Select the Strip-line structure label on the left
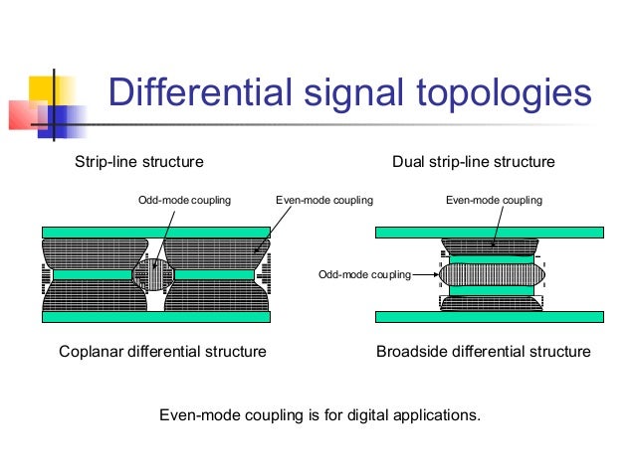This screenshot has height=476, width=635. coord(139,162)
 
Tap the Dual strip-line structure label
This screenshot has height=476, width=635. coord(474,162)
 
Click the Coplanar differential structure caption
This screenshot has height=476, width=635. coord(162,352)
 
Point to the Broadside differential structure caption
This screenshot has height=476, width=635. coord(483,352)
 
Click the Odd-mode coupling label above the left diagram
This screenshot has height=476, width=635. coord(183,201)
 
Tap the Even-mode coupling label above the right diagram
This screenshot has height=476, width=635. coord(494,201)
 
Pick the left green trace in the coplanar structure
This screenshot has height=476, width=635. coord(92,274)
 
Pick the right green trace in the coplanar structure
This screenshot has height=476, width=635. coord(213,274)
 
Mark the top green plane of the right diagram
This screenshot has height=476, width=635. coord(489,232)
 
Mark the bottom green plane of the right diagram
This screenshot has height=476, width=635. coord(489,317)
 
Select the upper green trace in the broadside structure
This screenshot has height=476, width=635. coord(492,257)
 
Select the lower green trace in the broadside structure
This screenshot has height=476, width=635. coord(492,291)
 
